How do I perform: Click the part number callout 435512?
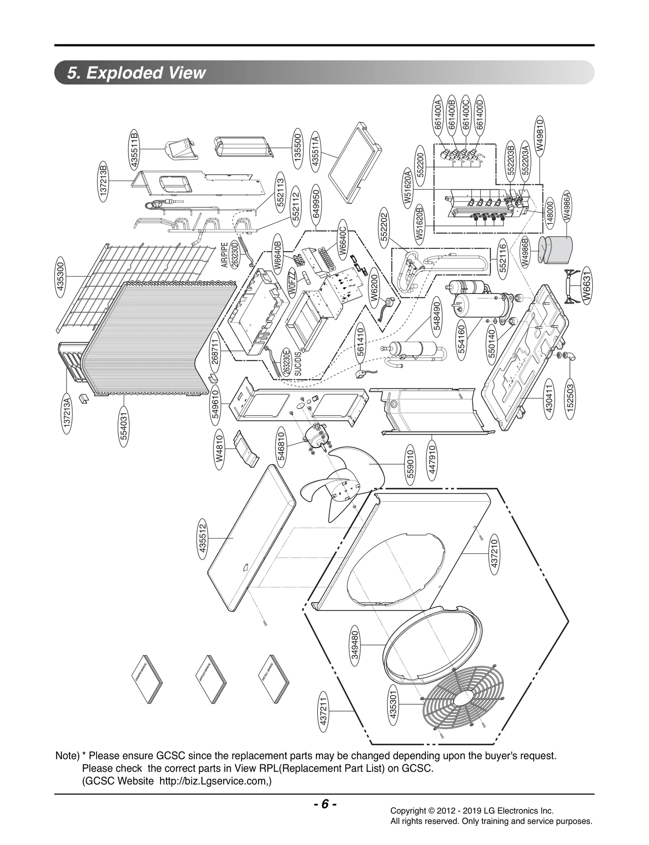pyautogui.click(x=202, y=541)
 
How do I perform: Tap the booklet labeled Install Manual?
pyautogui.click(x=274, y=674)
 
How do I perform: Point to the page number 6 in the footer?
pyautogui.click(x=324, y=804)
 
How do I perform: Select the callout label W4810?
pyautogui.click(x=220, y=449)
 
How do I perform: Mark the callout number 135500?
pyautogui.click(x=298, y=150)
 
